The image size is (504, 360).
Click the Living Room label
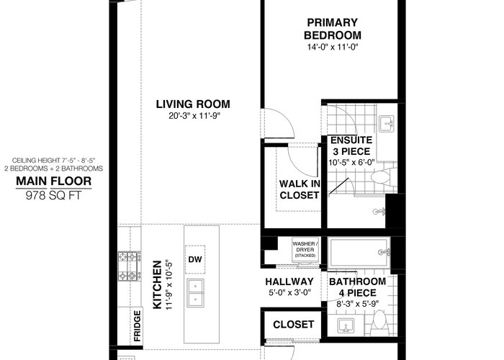(193, 104)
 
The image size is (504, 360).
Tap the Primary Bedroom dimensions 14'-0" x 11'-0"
(333, 47)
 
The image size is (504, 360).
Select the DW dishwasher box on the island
(195, 259)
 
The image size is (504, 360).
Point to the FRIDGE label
(138, 325)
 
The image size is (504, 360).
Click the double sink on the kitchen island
(195, 293)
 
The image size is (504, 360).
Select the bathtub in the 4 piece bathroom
(359, 252)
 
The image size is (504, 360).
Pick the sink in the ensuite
(386, 124)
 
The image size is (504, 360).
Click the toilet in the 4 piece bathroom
(380, 323)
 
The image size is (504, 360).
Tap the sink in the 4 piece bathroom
(346, 326)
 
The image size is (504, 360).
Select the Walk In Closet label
(300, 189)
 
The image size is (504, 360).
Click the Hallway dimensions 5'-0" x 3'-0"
(289, 293)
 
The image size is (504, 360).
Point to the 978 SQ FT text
(54, 195)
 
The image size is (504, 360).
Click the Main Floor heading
(54, 181)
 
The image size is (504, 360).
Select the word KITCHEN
(157, 284)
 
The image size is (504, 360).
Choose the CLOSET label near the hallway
(294, 325)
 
